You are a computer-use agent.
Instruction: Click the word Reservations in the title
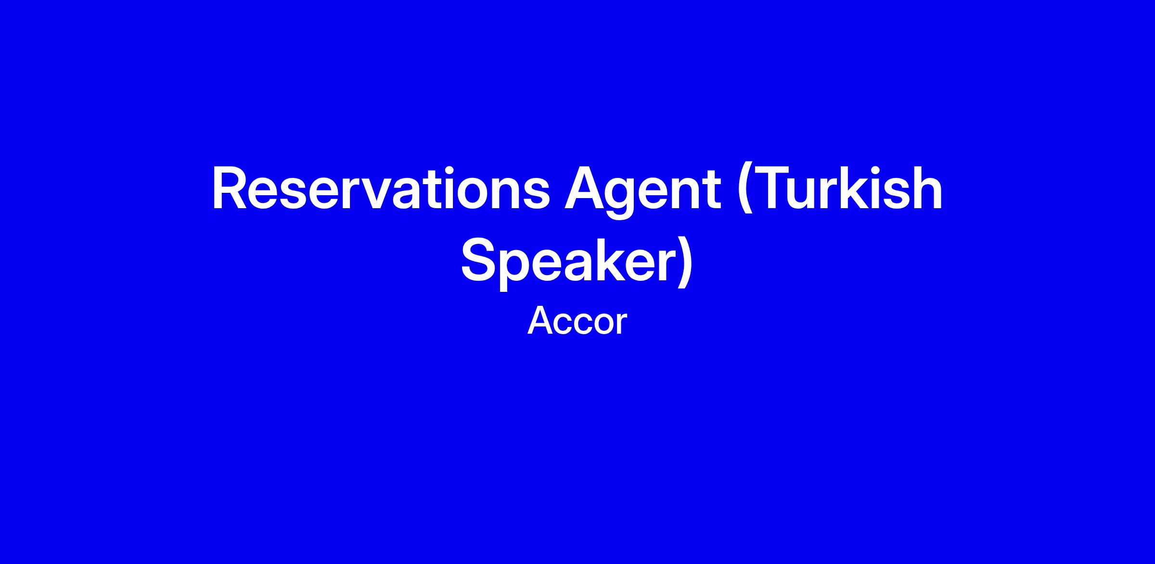(381, 189)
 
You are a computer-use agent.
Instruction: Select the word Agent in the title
(642, 192)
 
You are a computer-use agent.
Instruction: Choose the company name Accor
(577, 321)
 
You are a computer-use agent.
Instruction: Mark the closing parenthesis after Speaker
(684, 264)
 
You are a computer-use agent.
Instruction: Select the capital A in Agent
(585, 189)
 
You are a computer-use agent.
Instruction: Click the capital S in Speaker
(480, 260)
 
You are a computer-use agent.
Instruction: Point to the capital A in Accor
(541, 321)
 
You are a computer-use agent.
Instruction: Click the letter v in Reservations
(361, 194)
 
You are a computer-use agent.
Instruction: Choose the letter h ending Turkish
(926, 188)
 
